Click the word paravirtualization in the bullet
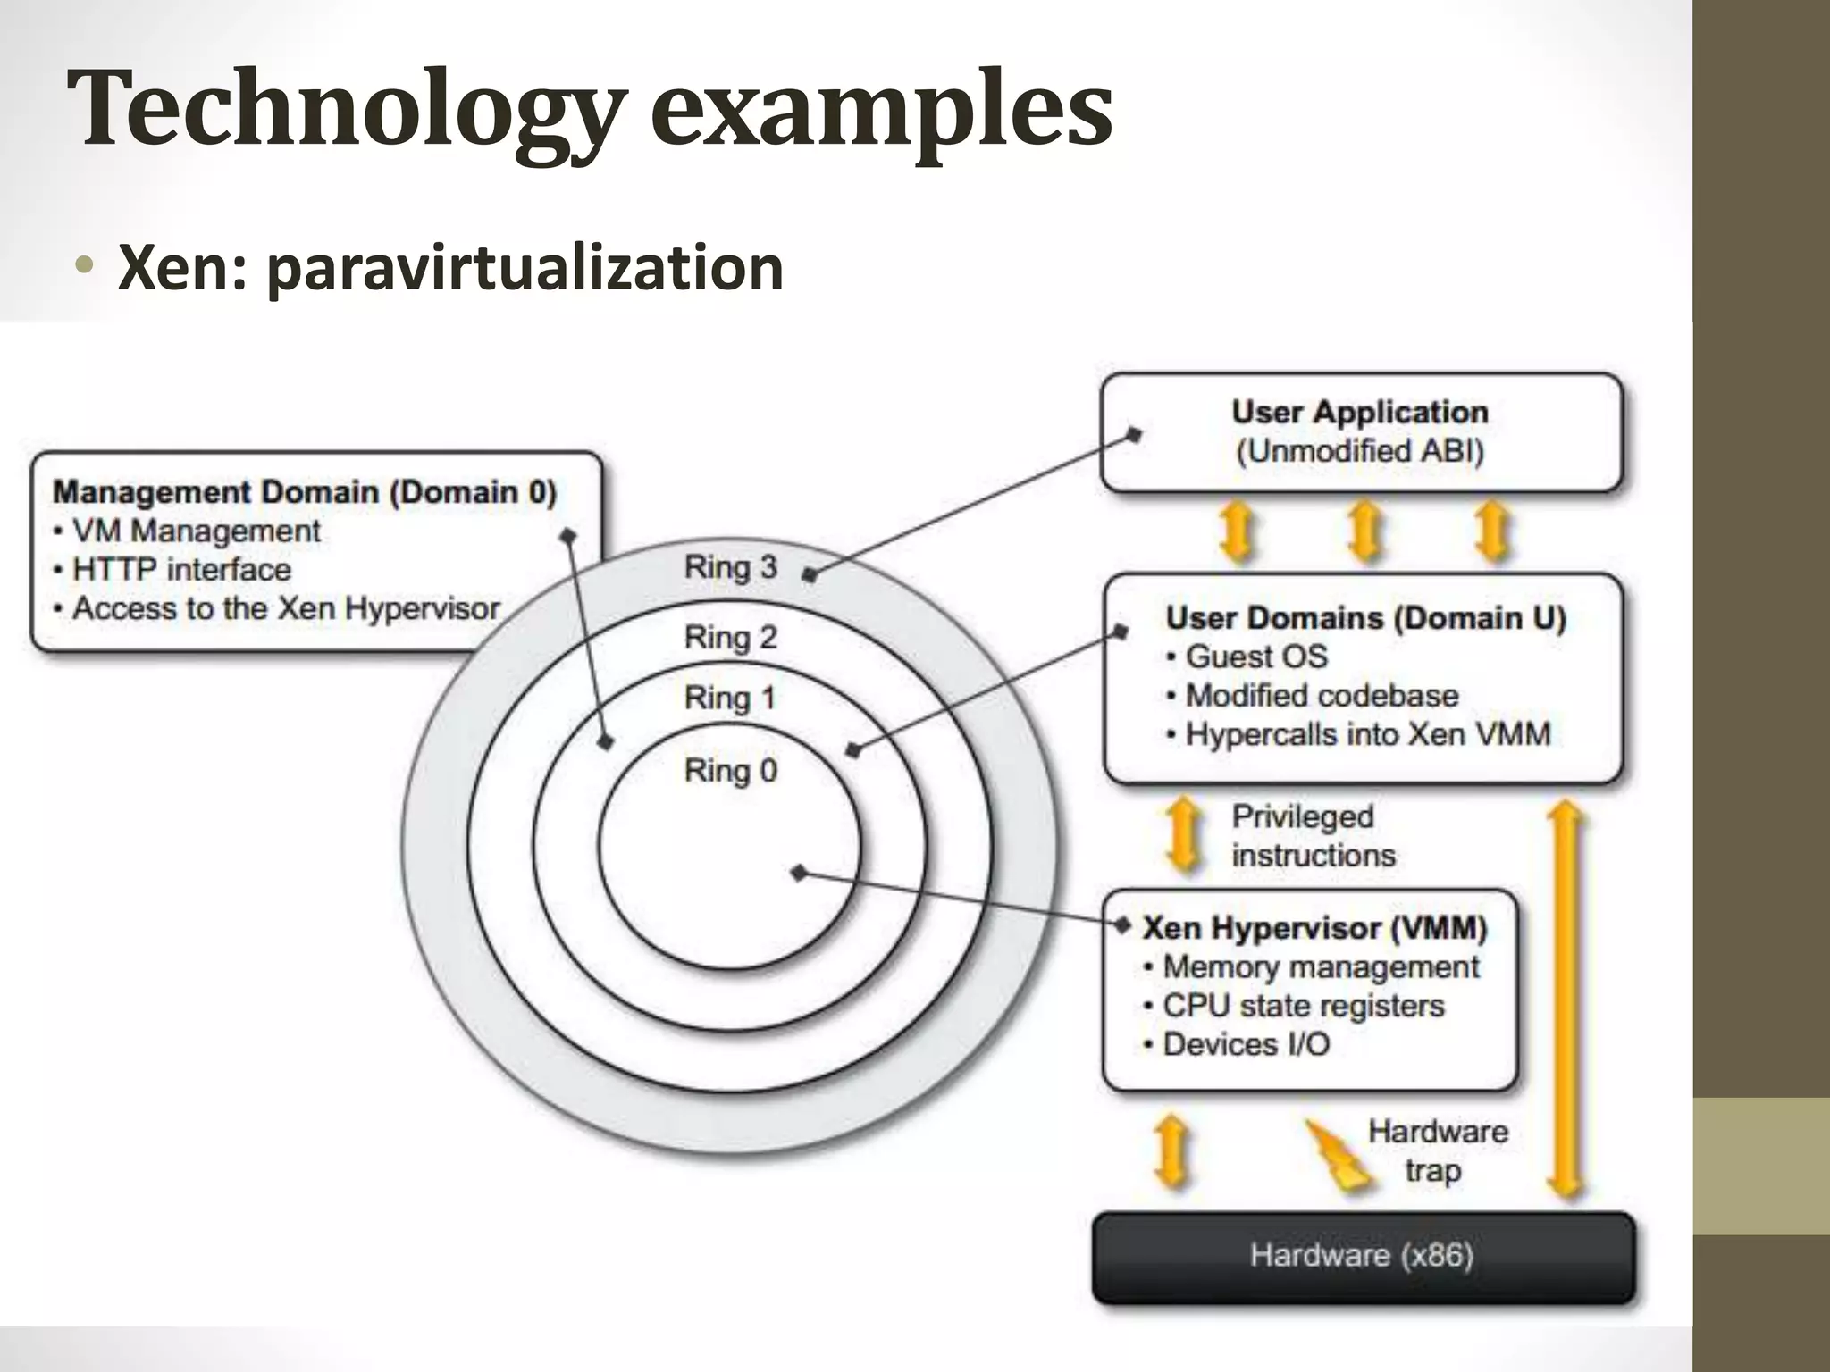[x=525, y=268]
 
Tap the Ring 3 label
[x=730, y=567]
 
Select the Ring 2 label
[x=730, y=638]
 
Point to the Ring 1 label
[x=730, y=698]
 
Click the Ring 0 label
[x=730, y=770]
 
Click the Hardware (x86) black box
[x=1363, y=1256]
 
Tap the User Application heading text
[x=1360, y=412]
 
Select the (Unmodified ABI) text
[x=1360, y=451]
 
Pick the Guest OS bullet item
[x=1255, y=657]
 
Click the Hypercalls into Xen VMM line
[x=1367, y=734]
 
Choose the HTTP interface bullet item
[x=181, y=570]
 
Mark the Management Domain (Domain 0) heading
[x=305, y=492]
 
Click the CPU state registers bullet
[x=1303, y=1006]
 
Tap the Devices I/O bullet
[x=1246, y=1044]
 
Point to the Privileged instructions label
[x=1313, y=836]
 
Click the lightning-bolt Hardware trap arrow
[x=1338, y=1157]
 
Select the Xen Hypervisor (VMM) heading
[x=1314, y=928]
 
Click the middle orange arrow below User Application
[x=1364, y=532]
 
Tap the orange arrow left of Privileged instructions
[x=1185, y=834]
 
